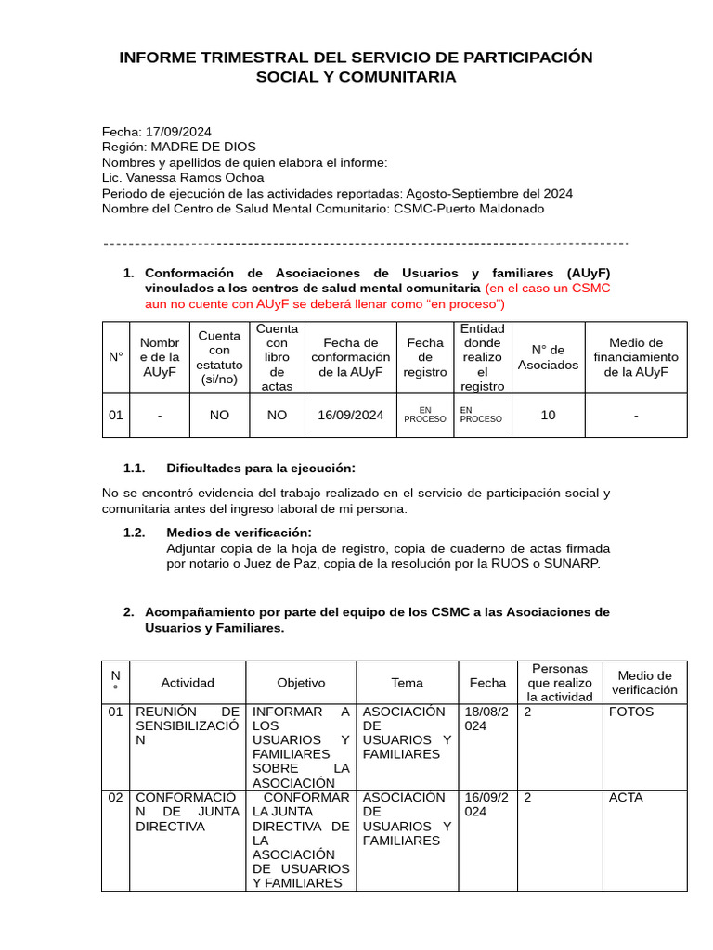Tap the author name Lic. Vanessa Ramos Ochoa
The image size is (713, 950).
[x=182, y=177]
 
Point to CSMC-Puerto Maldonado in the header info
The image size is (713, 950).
[x=468, y=209]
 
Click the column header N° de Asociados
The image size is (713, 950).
[x=548, y=357]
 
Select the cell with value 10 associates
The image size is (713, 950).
[x=548, y=415]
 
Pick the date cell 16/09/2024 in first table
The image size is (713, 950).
[x=350, y=415]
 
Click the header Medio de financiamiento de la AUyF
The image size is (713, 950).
[x=636, y=357]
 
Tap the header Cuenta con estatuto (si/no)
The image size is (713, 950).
[x=219, y=357]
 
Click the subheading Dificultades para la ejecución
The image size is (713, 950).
[x=260, y=468]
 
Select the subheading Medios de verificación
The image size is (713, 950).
[x=239, y=532]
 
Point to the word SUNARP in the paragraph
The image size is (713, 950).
[x=576, y=563]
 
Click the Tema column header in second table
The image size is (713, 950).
[x=407, y=683]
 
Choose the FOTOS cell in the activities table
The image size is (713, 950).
[x=631, y=712]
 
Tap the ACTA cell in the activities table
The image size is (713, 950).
[x=626, y=798]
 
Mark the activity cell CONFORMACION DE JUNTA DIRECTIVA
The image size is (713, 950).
[x=186, y=812]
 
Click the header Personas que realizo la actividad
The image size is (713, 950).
[x=560, y=683]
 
